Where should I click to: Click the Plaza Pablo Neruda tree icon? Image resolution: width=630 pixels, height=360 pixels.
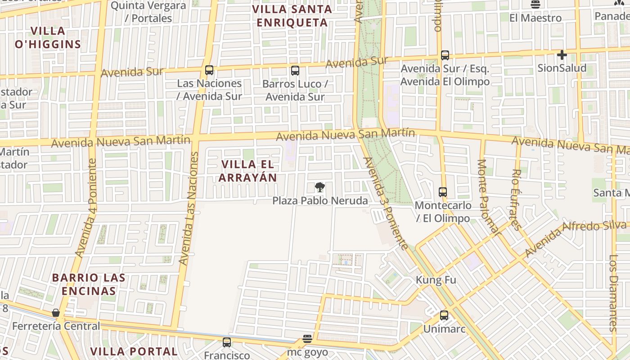click(319, 187)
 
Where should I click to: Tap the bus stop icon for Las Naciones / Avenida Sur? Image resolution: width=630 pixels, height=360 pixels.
click(209, 70)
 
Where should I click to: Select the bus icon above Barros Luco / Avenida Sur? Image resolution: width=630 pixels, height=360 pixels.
click(295, 71)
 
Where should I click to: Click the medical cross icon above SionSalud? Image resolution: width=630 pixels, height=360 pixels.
click(562, 55)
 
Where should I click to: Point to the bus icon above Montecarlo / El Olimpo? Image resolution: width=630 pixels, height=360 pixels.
click(443, 192)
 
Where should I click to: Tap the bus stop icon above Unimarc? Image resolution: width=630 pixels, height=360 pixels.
click(444, 315)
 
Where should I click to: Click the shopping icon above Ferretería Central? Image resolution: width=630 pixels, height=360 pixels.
click(56, 313)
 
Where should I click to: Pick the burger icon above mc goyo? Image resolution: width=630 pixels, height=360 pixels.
click(307, 338)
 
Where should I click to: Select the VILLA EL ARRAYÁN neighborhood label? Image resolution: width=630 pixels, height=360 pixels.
click(247, 171)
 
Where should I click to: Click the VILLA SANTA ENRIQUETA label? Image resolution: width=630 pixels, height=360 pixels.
click(292, 16)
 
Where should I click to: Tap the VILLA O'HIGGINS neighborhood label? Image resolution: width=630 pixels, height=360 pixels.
click(48, 38)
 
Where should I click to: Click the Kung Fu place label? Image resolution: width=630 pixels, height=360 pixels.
click(436, 280)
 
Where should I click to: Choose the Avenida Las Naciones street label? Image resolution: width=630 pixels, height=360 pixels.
click(189, 208)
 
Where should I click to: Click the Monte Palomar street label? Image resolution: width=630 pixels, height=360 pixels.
click(488, 197)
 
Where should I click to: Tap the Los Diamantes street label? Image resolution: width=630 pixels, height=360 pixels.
click(614, 293)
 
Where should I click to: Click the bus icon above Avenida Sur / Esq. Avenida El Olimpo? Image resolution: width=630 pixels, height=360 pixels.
click(445, 55)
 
